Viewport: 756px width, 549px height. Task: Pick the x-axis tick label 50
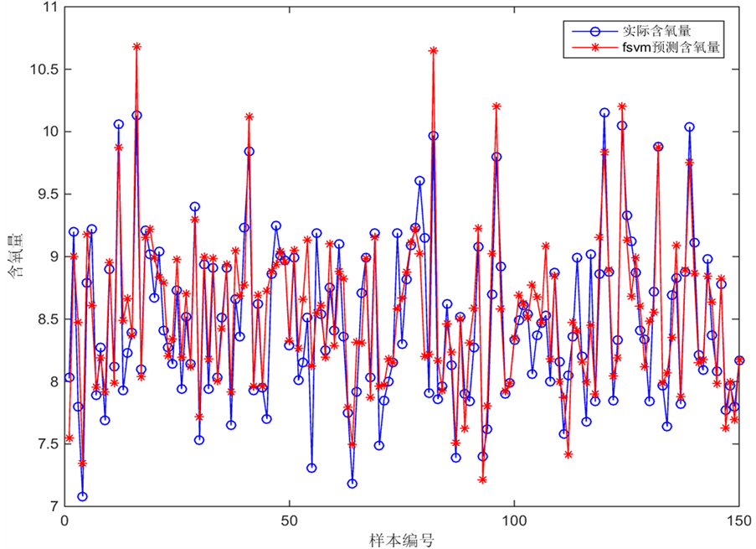point(290,521)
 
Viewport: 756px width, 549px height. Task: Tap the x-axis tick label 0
point(65,521)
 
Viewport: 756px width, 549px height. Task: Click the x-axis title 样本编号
point(402,539)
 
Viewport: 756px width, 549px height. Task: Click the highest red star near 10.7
point(136,47)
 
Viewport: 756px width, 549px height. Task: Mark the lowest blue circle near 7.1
point(83,496)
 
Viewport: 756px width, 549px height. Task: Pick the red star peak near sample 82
point(433,50)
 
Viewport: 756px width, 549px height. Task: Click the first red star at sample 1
point(69,438)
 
